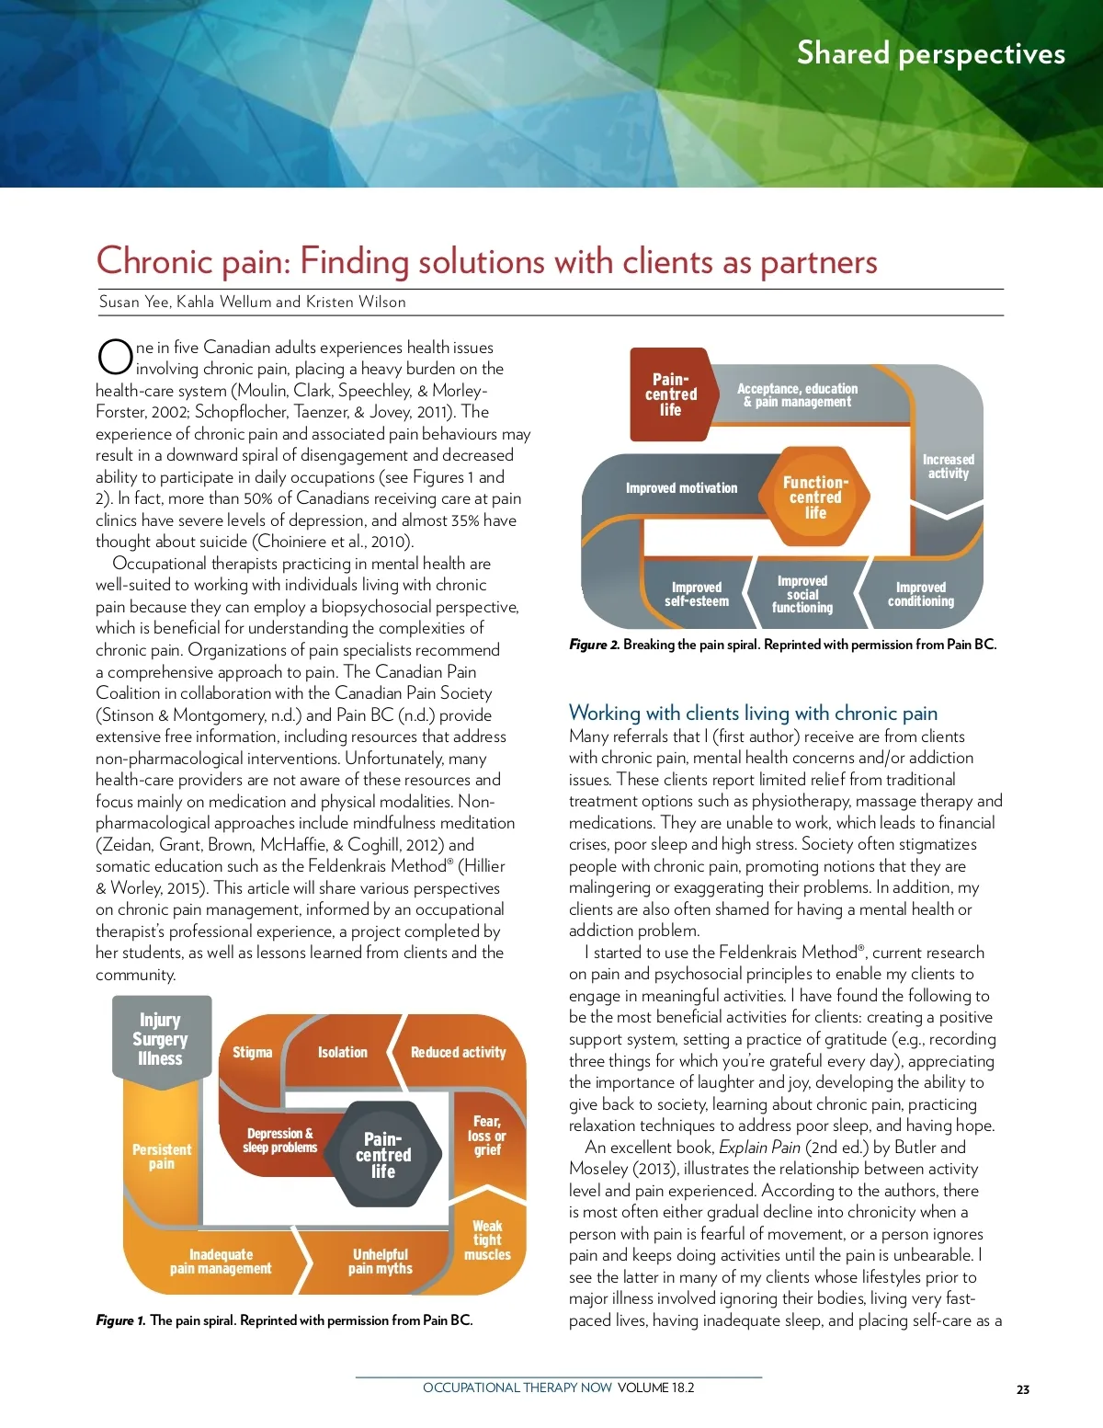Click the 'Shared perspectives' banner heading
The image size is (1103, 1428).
[930, 53]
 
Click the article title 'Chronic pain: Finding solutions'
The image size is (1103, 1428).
[486, 261]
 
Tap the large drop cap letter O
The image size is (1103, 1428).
[115, 357]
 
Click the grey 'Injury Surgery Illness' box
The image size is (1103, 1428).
[161, 1038]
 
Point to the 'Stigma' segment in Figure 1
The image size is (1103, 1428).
[252, 1052]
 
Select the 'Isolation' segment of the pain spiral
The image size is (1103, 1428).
[342, 1052]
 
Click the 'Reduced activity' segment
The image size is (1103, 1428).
[458, 1052]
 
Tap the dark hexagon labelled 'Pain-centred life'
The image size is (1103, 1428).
[383, 1154]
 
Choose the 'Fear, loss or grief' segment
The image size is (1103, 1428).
[486, 1136]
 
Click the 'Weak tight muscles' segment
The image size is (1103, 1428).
[487, 1240]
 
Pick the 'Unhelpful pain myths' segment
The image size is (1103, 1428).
[380, 1261]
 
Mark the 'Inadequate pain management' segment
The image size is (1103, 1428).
[221, 1261]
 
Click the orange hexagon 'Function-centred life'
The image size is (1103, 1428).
[815, 497]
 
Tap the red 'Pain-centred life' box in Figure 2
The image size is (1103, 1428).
[671, 394]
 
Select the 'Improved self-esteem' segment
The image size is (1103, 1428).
[696, 594]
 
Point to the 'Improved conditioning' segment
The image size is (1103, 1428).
[920, 594]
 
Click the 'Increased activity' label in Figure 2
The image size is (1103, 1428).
[948, 466]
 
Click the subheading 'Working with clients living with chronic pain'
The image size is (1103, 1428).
[753, 713]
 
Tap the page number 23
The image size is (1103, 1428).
[1023, 1389]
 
